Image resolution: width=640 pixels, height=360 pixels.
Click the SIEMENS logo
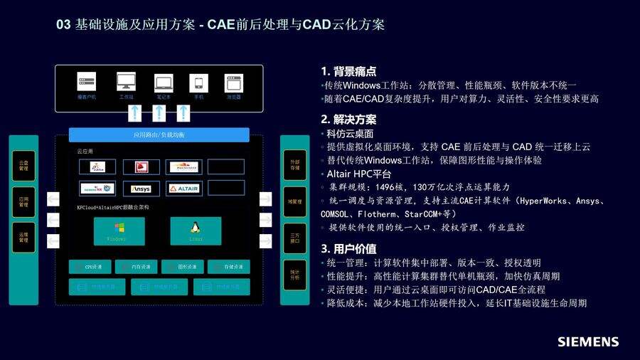point(587,342)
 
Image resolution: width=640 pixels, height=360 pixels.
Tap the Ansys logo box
point(140,189)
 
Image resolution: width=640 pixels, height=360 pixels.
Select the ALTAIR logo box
point(184,189)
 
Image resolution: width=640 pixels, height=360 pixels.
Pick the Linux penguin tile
point(194,231)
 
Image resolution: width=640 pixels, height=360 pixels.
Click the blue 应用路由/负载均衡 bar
point(159,134)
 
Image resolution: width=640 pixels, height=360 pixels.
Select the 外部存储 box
point(294,165)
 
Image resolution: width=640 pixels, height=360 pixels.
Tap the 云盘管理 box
point(23,165)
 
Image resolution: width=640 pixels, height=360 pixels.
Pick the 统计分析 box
point(294,274)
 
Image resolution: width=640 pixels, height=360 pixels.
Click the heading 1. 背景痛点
point(348,71)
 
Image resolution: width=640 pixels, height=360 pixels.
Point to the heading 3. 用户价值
point(348,249)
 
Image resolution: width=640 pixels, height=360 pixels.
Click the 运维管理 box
point(23,237)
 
